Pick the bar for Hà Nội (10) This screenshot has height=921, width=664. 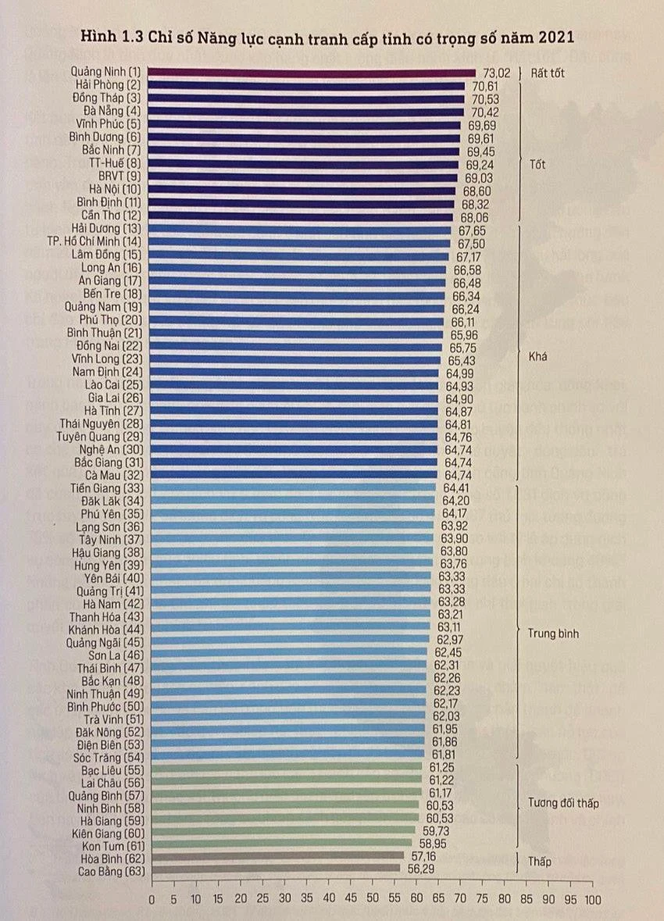301,190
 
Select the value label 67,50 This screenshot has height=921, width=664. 467,244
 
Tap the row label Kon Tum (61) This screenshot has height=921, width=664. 109,844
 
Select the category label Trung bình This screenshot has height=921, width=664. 553,634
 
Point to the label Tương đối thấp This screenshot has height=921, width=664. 562,802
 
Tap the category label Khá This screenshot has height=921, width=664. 537,355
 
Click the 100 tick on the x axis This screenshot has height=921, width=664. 593,900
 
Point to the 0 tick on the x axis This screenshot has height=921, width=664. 152,900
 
